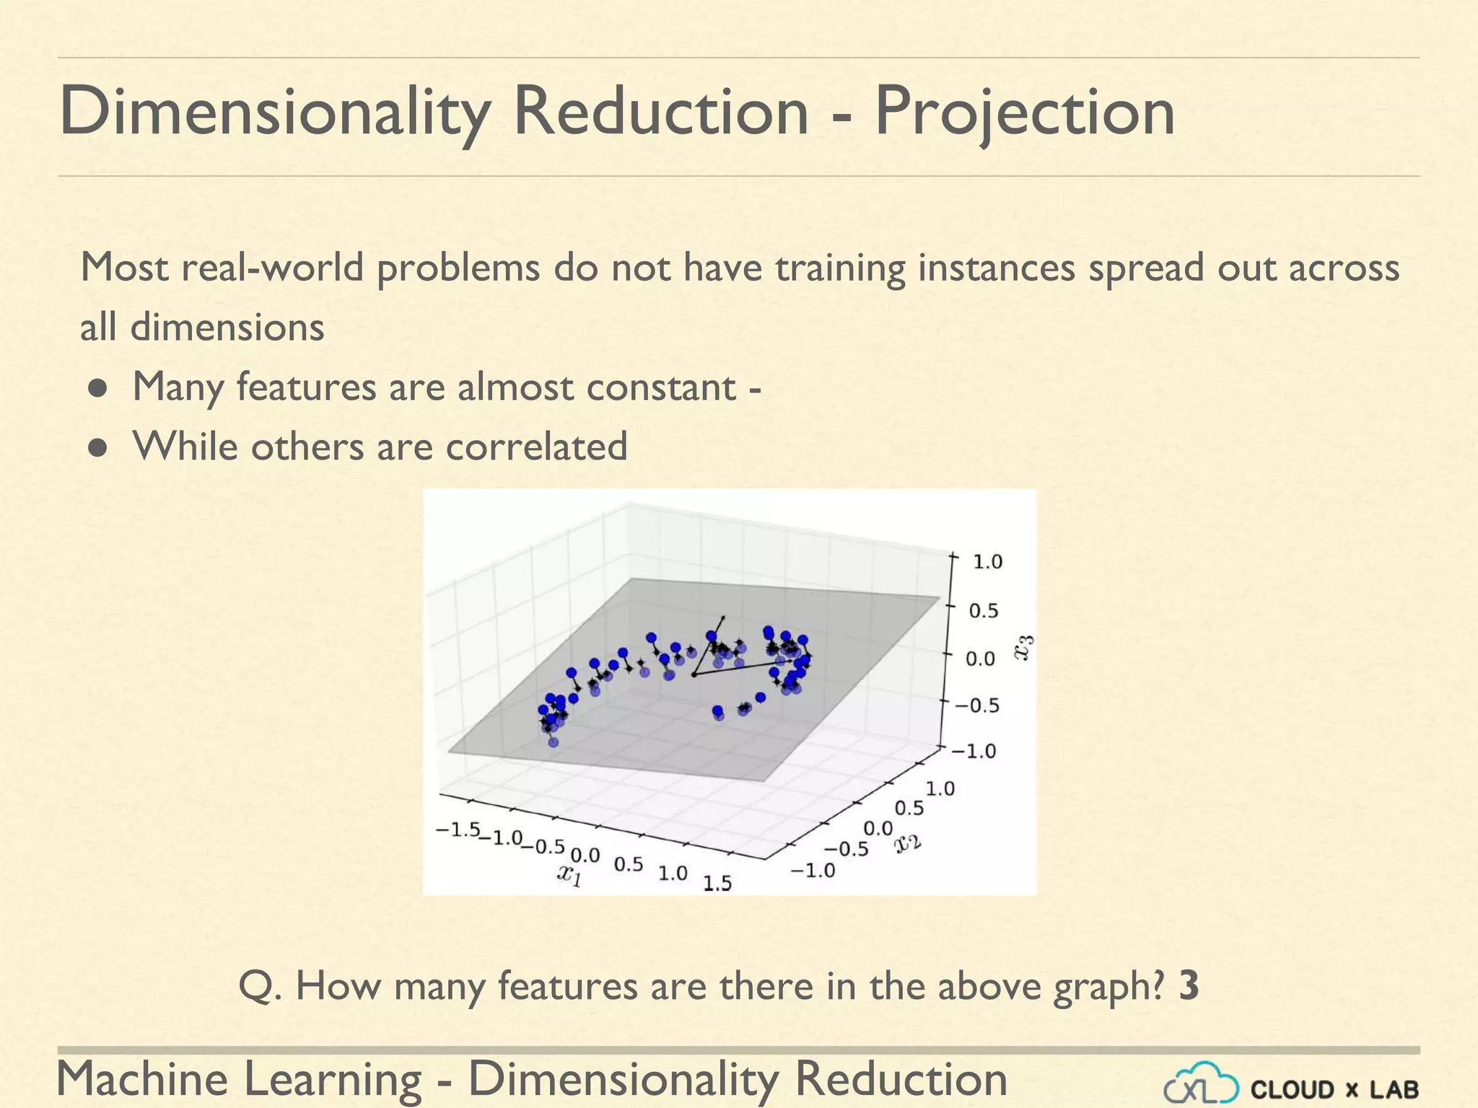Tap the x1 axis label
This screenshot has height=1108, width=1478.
(569, 874)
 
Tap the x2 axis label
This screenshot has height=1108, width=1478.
(908, 842)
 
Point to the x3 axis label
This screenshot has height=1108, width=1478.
(1024, 647)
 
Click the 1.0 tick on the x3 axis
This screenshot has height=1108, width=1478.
(987, 562)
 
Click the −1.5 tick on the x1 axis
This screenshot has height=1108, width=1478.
(458, 830)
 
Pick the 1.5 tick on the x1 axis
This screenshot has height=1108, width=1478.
(717, 883)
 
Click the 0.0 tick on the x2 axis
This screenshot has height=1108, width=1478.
(878, 828)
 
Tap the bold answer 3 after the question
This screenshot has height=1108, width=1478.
(1189, 986)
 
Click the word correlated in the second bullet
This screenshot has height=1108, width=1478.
(536, 447)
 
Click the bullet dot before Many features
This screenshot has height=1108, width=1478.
(99, 390)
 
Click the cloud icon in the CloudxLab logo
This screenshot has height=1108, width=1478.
(1201, 1084)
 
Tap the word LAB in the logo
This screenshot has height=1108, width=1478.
(1394, 1089)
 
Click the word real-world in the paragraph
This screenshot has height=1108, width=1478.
(274, 268)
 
